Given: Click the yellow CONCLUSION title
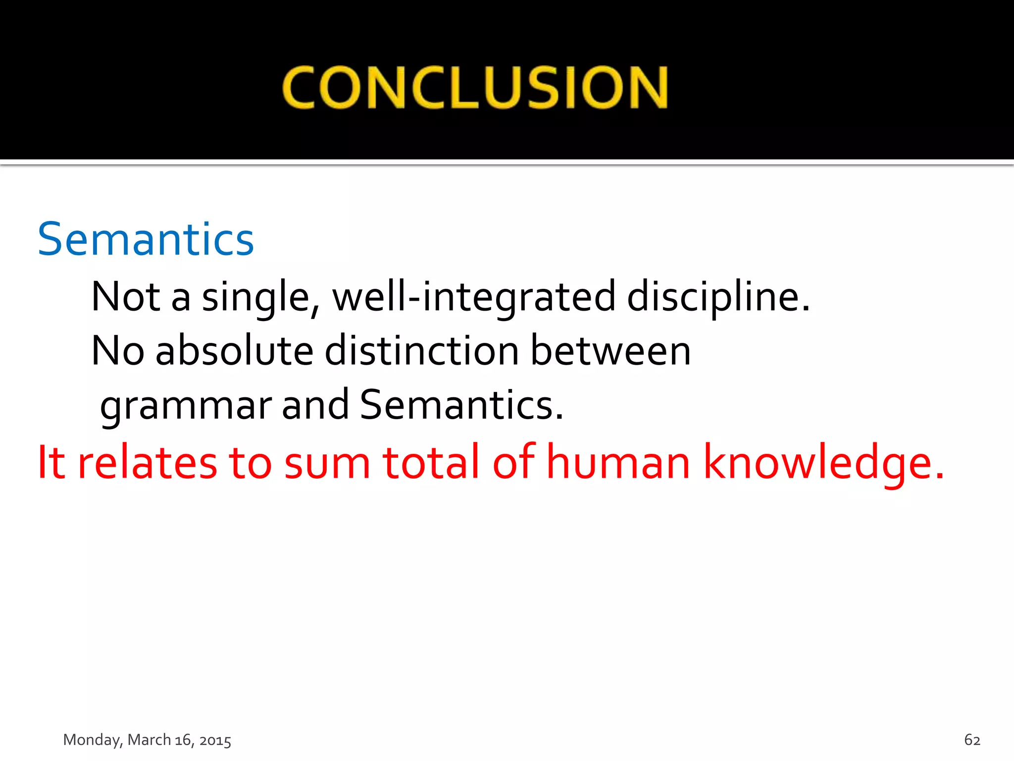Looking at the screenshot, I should pyautogui.click(x=475, y=88).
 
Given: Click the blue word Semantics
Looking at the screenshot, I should pyautogui.click(x=146, y=240).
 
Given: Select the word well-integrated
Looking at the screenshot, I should pyautogui.click(x=474, y=297).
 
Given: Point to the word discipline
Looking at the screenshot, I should pyautogui.click(x=718, y=297).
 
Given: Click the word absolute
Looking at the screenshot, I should pyautogui.click(x=234, y=351).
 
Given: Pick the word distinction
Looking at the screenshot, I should pyautogui.click(x=422, y=351).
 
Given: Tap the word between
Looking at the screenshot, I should pyautogui.click(x=610, y=351).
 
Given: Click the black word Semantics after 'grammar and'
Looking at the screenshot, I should pyautogui.click(x=461, y=405).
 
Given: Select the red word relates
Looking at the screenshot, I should pyautogui.click(x=148, y=462).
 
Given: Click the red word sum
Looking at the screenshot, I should pyautogui.click(x=327, y=463).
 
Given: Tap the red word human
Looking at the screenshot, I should pyautogui.click(x=618, y=462).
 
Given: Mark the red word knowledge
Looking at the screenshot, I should pyautogui.click(x=823, y=463).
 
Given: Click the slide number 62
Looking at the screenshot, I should pyautogui.click(x=972, y=740).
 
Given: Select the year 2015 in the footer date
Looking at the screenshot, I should pyautogui.click(x=215, y=740).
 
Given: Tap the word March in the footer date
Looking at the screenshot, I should pyautogui.click(x=149, y=740).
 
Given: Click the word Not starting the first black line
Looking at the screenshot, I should pyautogui.click(x=126, y=297).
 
